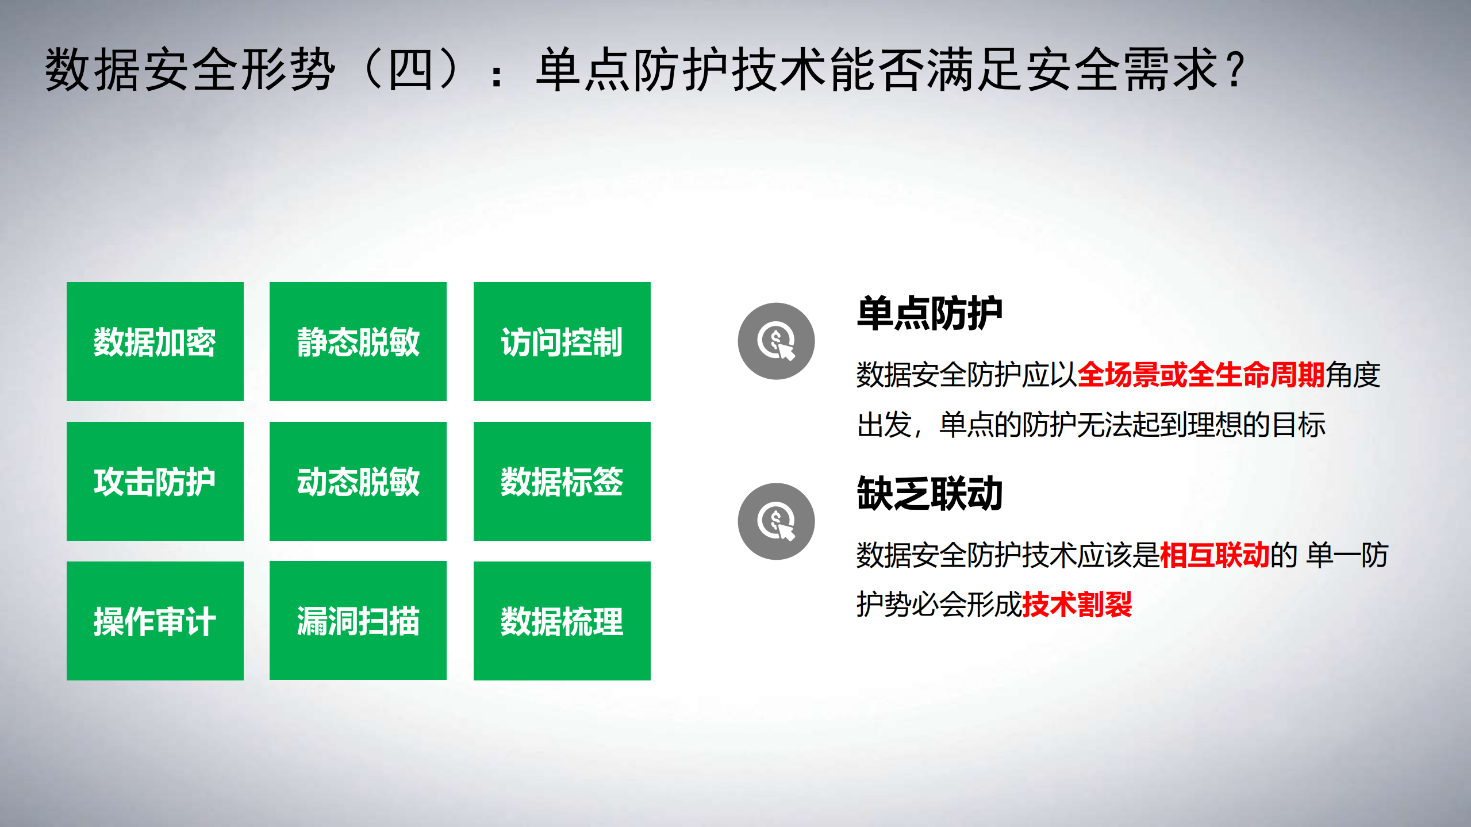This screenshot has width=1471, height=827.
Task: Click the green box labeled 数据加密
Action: tap(155, 341)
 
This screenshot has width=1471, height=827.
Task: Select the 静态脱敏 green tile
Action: tap(358, 341)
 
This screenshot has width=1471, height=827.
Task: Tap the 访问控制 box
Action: tap(562, 341)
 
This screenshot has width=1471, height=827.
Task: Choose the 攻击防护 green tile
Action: tap(155, 481)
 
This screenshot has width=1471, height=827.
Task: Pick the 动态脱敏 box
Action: tap(358, 481)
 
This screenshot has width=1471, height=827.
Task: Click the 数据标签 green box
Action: tap(562, 481)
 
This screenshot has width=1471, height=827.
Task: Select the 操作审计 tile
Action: tap(155, 621)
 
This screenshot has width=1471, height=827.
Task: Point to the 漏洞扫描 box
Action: tap(358, 621)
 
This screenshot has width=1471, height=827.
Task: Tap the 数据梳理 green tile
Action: tap(562, 621)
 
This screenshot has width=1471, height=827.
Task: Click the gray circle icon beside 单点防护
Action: tap(776, 341)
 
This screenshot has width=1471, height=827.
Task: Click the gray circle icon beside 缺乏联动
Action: tap(776, 521)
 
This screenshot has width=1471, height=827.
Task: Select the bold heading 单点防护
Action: tap(930, 313)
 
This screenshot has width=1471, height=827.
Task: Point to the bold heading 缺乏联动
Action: tap(930, 494)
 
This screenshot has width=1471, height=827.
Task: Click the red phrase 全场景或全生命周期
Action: tap(1201, 375)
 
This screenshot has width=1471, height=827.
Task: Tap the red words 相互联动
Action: tap(1214, 555)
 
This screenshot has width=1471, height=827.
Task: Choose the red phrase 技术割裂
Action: tap(1077, 605)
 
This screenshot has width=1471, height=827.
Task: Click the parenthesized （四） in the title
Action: tap(411, 70)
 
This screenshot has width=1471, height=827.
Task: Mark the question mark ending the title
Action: tap(1235, 70)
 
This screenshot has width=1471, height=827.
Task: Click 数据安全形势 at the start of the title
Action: tap(190, 70)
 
